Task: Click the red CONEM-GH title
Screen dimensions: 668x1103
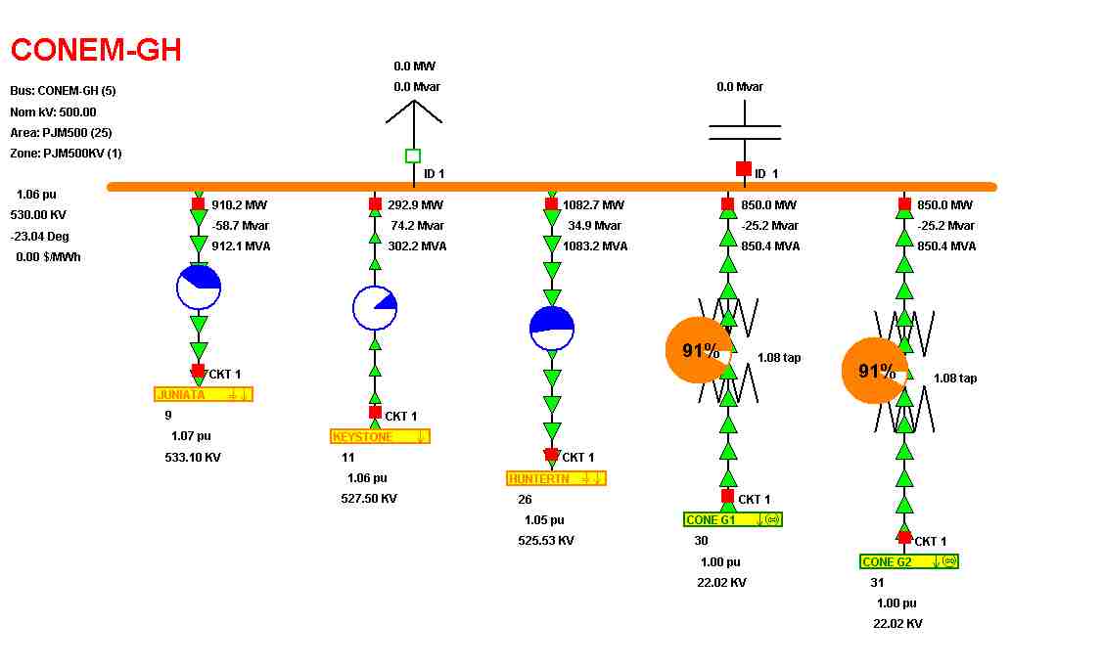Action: pyautogui.click(x=96, y=50)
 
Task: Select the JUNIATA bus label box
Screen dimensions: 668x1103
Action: pyautogui.click(x=204, y=394)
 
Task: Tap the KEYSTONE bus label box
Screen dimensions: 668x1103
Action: pyautogui.click(x=380, y=436)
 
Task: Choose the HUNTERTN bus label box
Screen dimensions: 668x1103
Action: pyautogui.click(x=556, y=478)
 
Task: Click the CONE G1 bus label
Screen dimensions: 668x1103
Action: pyautogui.click(x=732, y=519)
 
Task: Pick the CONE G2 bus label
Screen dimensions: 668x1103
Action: pyautogui.click(x=908, y=561)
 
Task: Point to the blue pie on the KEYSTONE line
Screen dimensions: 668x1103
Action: pyautogui.click(x=375, y=308)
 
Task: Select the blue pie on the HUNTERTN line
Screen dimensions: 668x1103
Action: pyautogui.click(x=552, y=329)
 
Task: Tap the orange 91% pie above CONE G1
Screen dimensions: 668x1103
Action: pyautogui.click(x=698, y=350)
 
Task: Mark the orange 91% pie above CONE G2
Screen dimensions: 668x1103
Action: pyautogui.click(x=874, y=371)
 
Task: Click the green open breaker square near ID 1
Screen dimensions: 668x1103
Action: pyautogui.click(x=413, y=156)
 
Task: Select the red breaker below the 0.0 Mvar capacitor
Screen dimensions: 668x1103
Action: pyautogui.click(x=744, y=168)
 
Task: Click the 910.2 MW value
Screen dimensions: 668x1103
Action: pyautogui.click(x=240, y=205)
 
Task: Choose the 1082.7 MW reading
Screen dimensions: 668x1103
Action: pyautogui.click(x=593, y=205)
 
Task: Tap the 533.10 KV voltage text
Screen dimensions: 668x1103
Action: pyautogui.click(x=193, y=457)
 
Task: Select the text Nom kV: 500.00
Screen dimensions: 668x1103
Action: pyautogui.click(x=53, y=111)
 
